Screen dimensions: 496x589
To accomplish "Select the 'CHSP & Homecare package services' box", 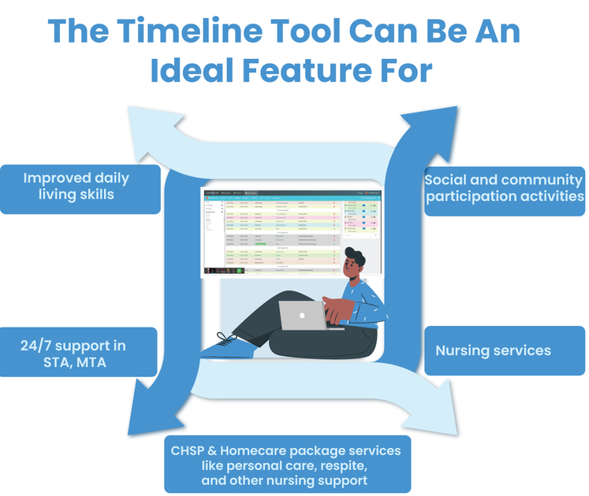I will pyautogui.click(x=286, y=465).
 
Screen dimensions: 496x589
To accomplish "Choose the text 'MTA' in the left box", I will pyautogui.click(x=95, y=362).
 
